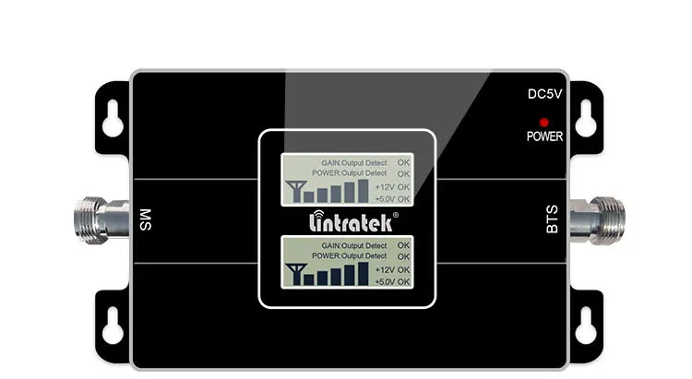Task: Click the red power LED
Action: click(544, 122)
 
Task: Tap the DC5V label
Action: click(544, 93)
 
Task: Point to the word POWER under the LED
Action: click(544, 136)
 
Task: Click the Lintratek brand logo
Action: click(346, 221)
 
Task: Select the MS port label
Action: click(144, 220)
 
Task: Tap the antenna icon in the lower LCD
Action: click(296, 274)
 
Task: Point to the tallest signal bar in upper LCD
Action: click(363, 188)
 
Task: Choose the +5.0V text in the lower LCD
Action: click(385, 280)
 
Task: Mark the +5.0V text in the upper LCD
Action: click(385, 198)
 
